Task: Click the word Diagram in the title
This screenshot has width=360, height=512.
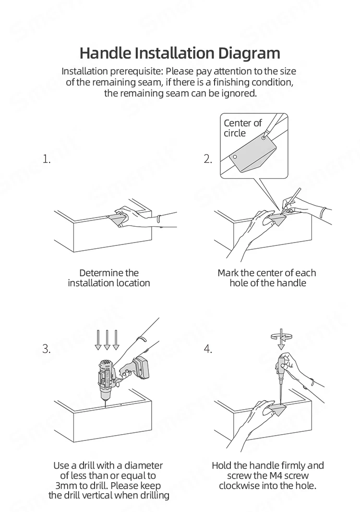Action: pos(249,53)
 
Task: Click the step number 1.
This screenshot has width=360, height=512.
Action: pos(47,159)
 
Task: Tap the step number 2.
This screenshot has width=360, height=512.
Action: pos(208,159)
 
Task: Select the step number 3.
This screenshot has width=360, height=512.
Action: pos(47,349)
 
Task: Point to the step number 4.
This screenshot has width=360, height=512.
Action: pos(208,349)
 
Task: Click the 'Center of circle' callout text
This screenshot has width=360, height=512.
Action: pos(242,128)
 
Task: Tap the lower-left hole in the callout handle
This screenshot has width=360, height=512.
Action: pos(235,157)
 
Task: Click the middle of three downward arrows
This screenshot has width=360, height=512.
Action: pos(107,340)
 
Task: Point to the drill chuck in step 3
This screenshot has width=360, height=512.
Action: pos(105,395)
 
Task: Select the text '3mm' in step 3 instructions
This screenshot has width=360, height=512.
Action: pos(66,486)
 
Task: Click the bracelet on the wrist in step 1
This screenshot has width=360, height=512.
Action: pos(158,219)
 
